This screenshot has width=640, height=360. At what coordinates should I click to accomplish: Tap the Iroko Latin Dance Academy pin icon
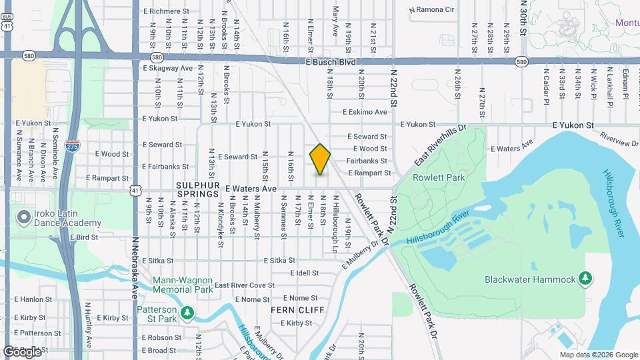25,217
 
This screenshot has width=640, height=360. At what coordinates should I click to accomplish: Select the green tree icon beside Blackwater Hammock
585,278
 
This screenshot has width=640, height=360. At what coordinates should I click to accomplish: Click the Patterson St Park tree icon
188,312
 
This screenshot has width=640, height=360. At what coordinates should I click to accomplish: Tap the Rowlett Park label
439,177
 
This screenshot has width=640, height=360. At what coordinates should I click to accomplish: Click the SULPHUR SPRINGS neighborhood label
197,189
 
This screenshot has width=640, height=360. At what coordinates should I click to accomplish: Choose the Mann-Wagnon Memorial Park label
183,285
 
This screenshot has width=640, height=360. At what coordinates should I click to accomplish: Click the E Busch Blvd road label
331,62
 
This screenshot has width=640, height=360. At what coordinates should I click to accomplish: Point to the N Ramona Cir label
431,10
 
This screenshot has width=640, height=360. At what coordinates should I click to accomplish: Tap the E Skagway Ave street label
167,68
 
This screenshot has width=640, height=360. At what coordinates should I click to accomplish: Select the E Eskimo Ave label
365,112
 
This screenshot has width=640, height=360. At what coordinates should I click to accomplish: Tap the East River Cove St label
245,285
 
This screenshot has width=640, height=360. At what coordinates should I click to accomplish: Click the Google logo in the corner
22,351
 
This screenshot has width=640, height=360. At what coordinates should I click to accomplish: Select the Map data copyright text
598,355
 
